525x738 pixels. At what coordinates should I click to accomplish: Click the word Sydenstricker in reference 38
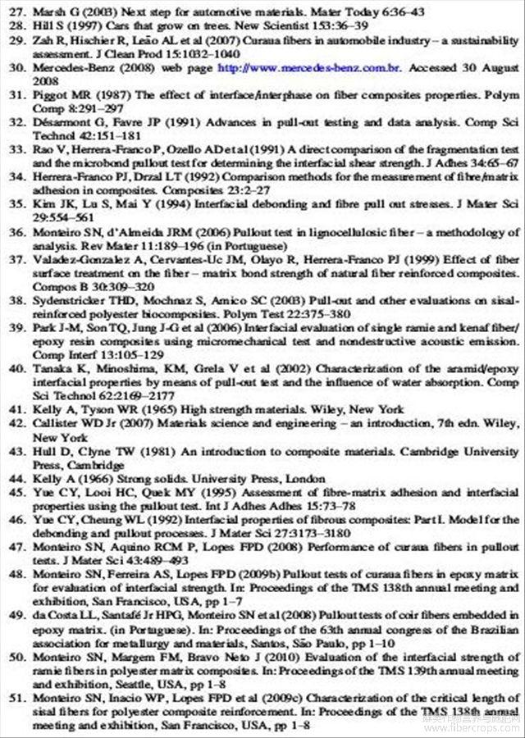69,303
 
